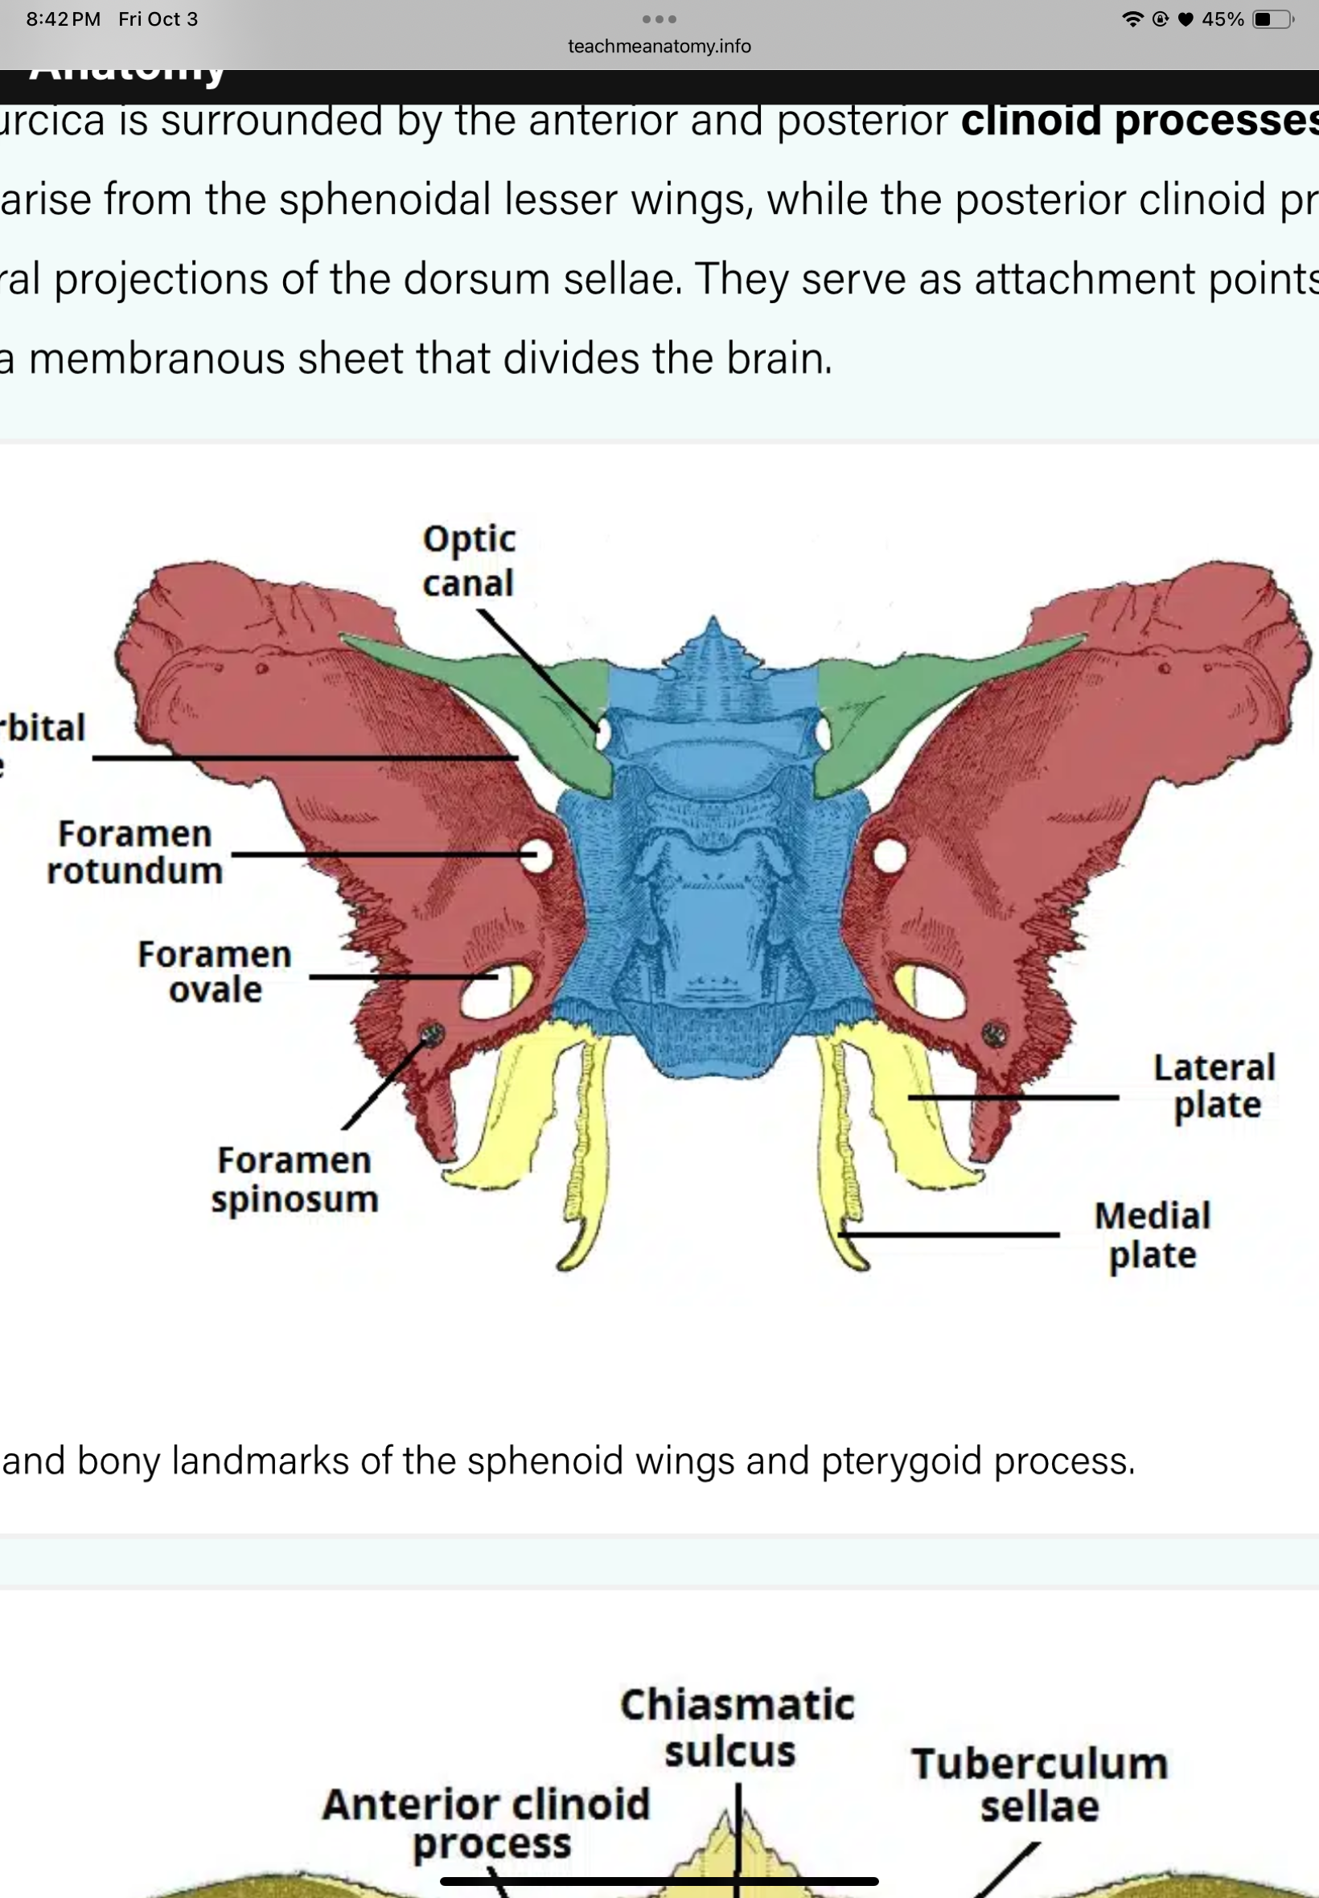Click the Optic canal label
tap(469, 561)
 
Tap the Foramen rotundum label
tap(134, 852)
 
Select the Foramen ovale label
tap(215, 972)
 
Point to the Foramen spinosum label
tap(294, 1179)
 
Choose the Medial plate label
tap(1152, 1235)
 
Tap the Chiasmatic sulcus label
tap(737, 1727)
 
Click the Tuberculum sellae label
tap(1040, 1784)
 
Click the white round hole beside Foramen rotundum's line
tap(537, 855)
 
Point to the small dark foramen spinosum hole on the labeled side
tap(432, 1033)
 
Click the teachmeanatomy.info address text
tap(659, 47)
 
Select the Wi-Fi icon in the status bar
tap(1132, 19)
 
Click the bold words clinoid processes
tap(1139, 121)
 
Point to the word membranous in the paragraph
tap(157, 359)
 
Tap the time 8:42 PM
tap(63, 19)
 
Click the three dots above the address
tap(659, 19)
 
